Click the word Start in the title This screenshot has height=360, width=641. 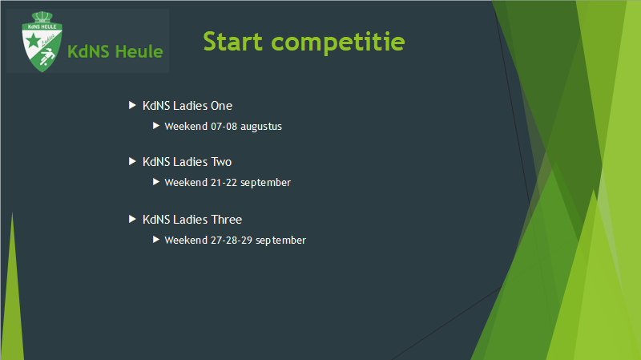point(232,42)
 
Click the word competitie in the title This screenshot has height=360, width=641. point(338,42)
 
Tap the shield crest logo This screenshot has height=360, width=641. point(42,42)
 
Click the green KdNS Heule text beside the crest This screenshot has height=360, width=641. point(115,51)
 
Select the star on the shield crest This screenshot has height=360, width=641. point(33,41)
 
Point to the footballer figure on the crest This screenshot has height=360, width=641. point(47,57)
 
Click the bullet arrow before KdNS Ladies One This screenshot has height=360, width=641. point(132,105)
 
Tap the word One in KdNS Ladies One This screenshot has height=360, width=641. point(222,106)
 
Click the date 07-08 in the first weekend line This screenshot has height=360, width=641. point(224,127)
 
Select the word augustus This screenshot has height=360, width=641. point(261,127)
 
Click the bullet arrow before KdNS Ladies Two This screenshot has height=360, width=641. point(132,161)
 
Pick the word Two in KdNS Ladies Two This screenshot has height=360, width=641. point(221,162)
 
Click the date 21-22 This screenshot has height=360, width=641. point(224,183)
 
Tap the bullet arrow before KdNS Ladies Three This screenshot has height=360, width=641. point(132,219)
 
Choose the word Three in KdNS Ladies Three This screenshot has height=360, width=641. point(227,219)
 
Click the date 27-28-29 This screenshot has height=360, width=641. point(232,241)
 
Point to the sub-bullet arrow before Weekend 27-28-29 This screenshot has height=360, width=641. point(155,239)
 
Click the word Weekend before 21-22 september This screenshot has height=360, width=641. point(186,183)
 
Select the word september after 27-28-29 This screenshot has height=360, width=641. point(281,241)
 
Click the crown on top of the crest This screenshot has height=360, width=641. point(42,17)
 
